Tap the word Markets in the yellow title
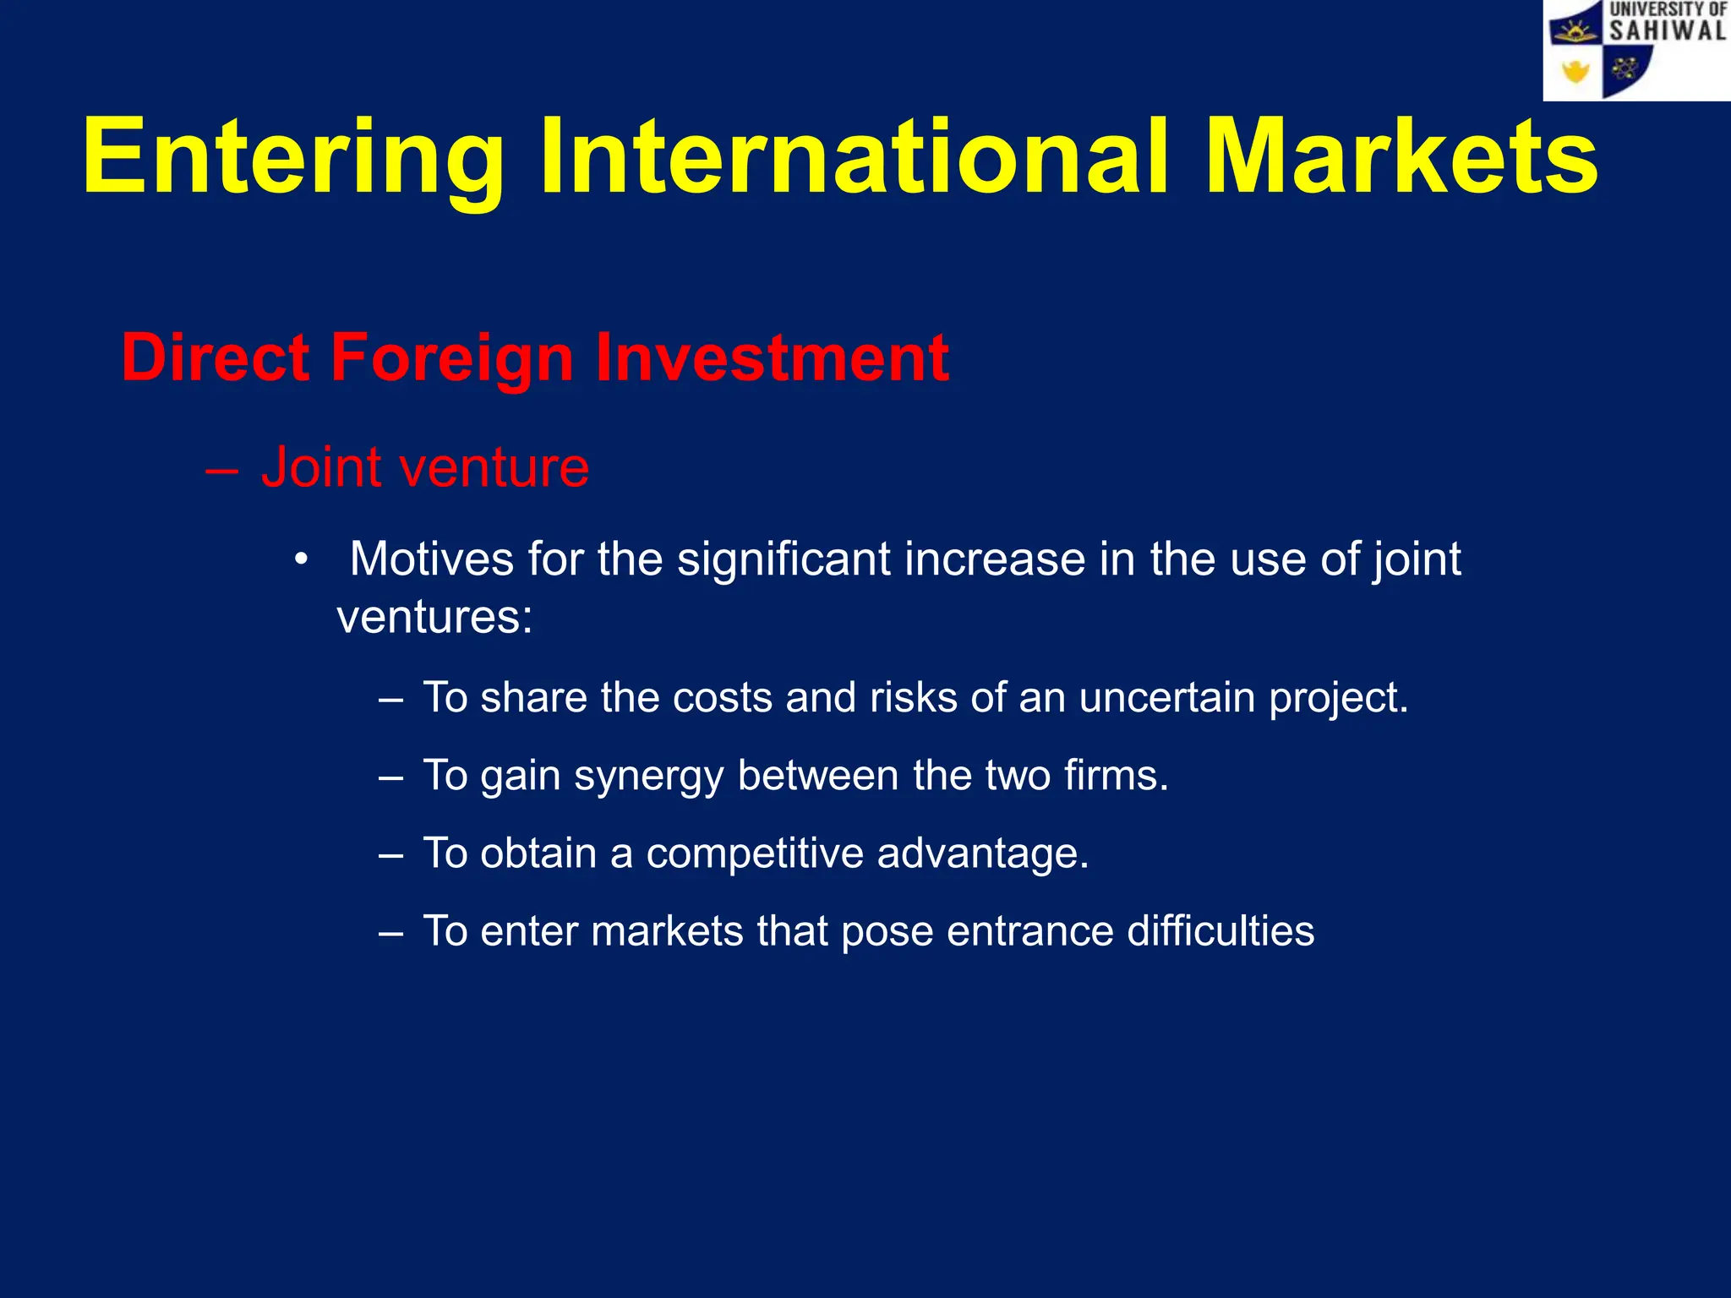pyautogui.click(x=1401, y=158)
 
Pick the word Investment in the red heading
pyautogui.click(x=772, y=357)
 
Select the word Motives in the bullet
pyautogui.click(x=431, y=559)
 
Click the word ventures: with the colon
pyautogui.click(x=434, y=617)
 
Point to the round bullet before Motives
pyautogui.click(x=302, y=560)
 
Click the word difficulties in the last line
pyautogui.click(x=1220, y=931)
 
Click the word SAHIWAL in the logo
pyautogui.click(x=1667, y=31)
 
